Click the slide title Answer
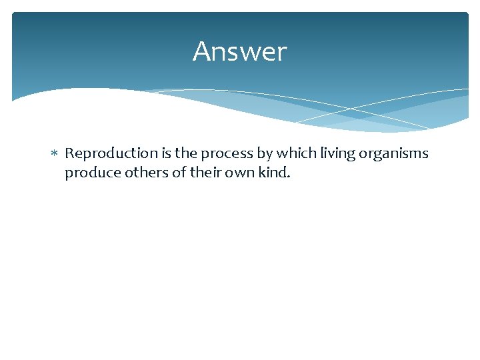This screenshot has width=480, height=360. [x=239, y=52]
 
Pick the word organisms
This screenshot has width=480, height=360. [x=394, y=154]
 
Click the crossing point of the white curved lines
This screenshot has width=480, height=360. [x=351, y=109]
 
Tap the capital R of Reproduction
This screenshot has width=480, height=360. [x=69, y=153]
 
